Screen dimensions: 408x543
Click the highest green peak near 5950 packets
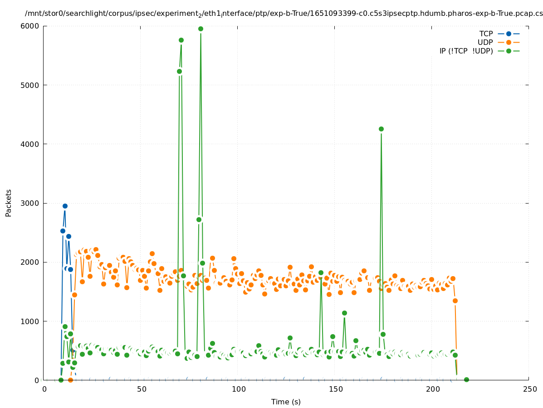pos(201,29)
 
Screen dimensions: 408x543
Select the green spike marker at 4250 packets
pos(381,129)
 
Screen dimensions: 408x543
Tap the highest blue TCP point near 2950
pos(65,206)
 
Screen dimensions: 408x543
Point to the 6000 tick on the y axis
pos(33,26)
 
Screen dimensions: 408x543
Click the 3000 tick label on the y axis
pos(33,203)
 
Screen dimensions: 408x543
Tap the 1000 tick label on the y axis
pos(33,321)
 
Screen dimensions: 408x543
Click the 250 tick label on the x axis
pos(529,389)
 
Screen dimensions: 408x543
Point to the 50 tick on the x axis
pos(141,389)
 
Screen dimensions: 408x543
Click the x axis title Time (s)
pos(286,402)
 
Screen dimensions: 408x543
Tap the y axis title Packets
pos(9,203)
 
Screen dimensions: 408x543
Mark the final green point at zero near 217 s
pos(466,379)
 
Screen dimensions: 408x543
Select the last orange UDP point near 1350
pos(455,301)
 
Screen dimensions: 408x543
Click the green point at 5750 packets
pos(181,40)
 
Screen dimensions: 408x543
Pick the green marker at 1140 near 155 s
pos(344,313)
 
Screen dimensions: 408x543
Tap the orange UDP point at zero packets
pos(70,380)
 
